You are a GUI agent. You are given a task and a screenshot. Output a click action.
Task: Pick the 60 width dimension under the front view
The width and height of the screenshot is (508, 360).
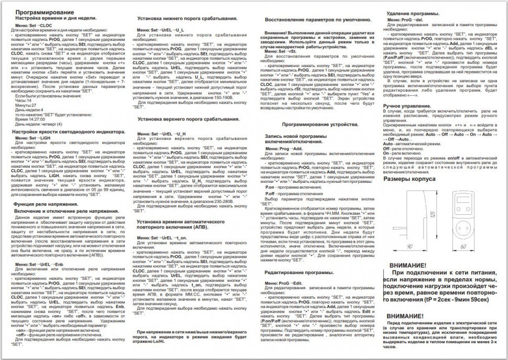pos(462,246)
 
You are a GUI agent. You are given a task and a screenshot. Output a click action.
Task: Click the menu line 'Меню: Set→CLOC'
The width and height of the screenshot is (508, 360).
pos(35,25)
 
